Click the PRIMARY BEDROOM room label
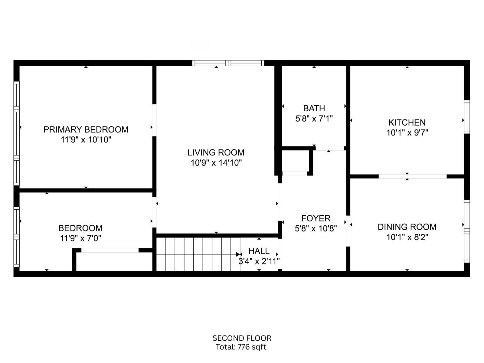pos(86,129)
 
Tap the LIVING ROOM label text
pos(216,152)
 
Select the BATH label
pos(314,108)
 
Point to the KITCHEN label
pos(407,123)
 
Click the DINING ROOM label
pos(407,227)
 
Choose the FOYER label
pos(316,218)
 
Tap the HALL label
pos(259,251)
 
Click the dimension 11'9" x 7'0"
pos(80,238)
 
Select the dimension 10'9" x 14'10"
pos(216,163)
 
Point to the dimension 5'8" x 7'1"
pos(314,119)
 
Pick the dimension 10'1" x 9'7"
pos(407,133)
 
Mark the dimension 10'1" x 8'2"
pos(407,237)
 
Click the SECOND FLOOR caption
pos(242,338)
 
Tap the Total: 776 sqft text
pos(241,347)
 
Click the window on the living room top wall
pos(228,63)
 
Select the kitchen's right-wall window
pos(467,117)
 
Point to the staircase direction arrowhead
pos(238,254)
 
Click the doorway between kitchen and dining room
pos(413,176)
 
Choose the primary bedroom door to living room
pos(154,120)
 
